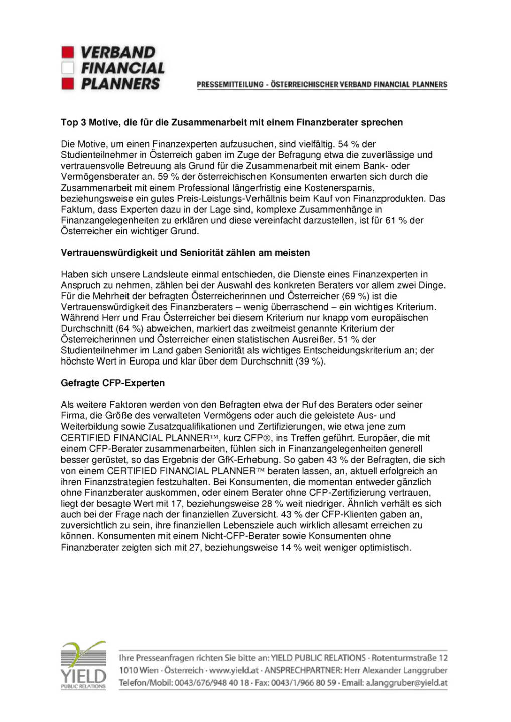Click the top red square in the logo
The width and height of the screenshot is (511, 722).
[68, 52]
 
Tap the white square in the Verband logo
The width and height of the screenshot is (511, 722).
[68, 68]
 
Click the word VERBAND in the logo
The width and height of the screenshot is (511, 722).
[118, 52]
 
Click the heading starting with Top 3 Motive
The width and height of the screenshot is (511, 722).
[231, 122]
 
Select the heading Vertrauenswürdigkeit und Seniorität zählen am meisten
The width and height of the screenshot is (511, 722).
[185, 253]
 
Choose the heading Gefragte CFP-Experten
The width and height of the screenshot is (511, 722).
[112, 383]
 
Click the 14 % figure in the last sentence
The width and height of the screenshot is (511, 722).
[291, 547]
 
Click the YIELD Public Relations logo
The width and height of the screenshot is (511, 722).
[83, 665]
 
